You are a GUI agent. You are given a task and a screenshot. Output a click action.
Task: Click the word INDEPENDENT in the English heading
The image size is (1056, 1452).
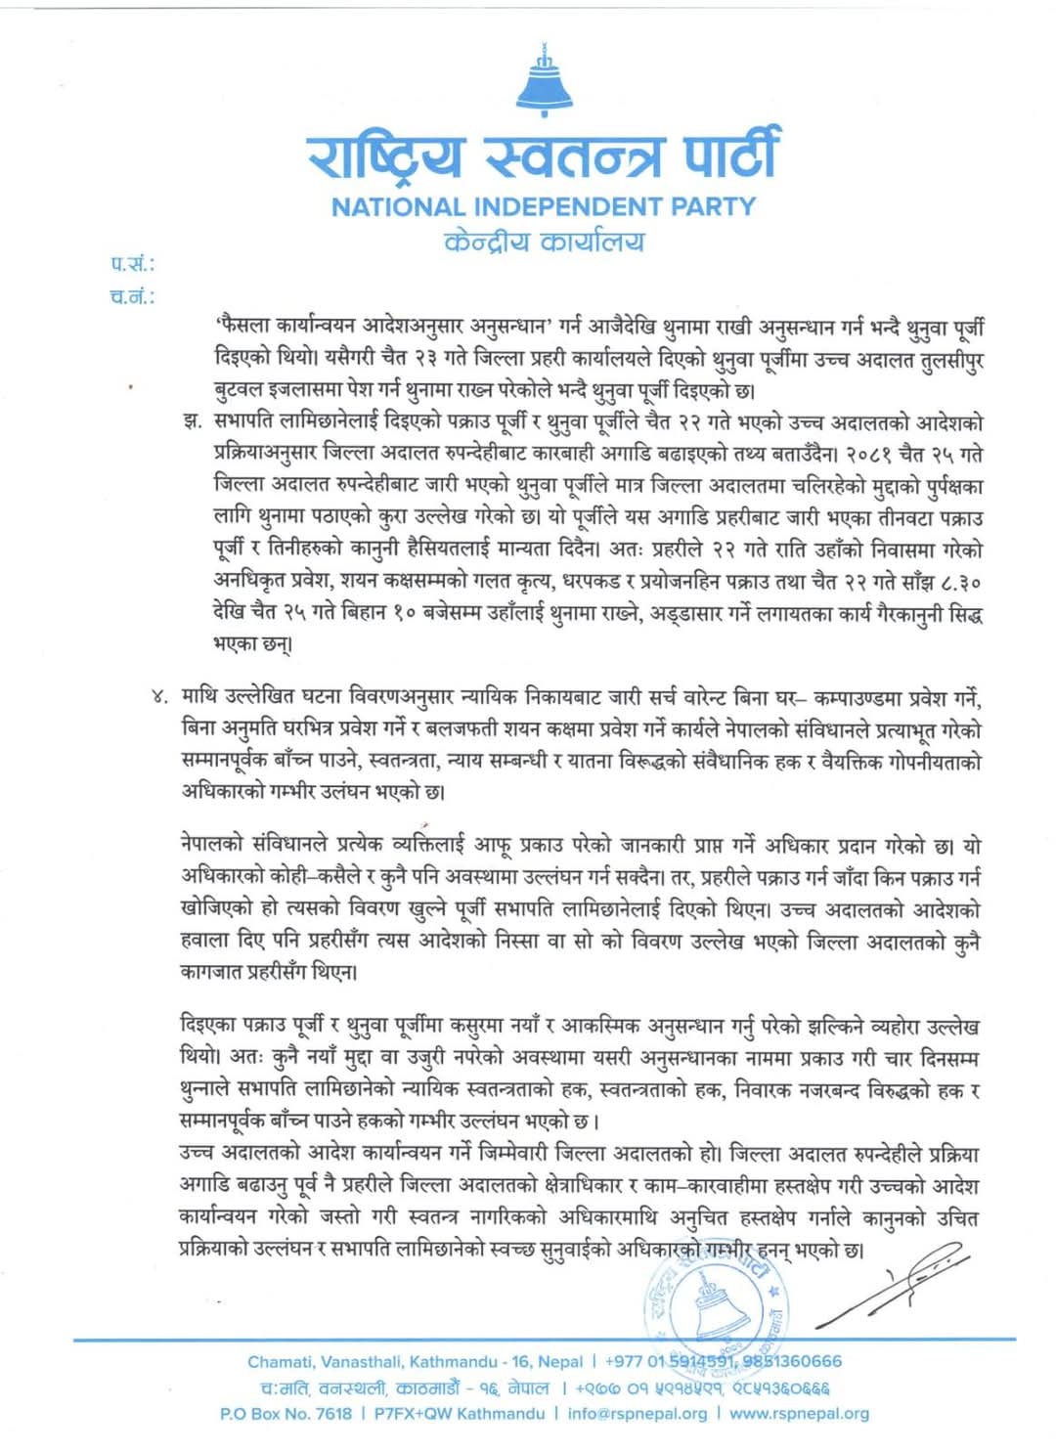click(x=569, y=207)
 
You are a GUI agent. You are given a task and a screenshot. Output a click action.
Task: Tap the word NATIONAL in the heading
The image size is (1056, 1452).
click(x=398, y=207)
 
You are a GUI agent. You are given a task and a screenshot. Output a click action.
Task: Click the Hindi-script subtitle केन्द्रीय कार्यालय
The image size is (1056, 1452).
click(x=544, y=242)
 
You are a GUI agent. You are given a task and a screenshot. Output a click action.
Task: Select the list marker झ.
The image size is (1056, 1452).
click(x=192, y=423)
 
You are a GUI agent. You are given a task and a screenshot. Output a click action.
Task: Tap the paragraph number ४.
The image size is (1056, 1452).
click(x=160, y=697)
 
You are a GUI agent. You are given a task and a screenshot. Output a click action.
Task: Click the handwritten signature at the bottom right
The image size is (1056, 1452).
click(x=890, y=1281)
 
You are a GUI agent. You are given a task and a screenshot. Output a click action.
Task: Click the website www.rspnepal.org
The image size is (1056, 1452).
click(x=799, y=1413)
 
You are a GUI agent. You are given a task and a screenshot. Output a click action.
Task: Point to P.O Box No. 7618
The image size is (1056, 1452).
click(x=285, y=1413)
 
